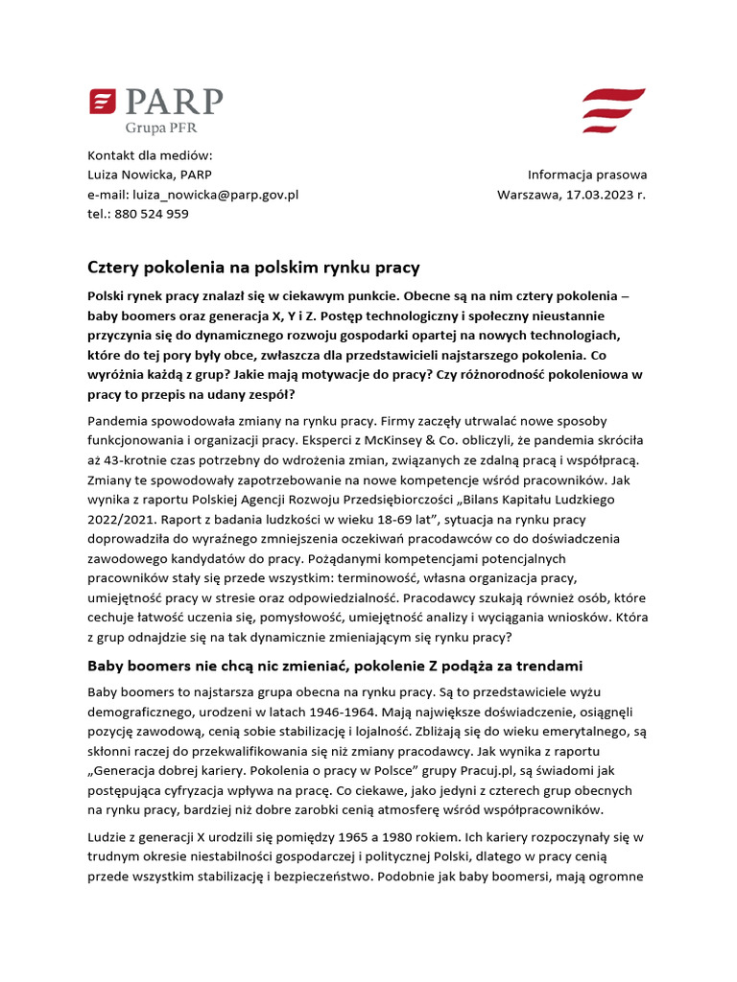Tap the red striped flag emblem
pos(614,110)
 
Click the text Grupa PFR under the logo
pos(162,126)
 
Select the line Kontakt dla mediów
pos(150,155)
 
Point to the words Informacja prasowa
pos(586,175)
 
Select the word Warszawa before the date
pos(531,194)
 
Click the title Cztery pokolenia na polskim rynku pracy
pos(253,267)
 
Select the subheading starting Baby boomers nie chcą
pos(335,665)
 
